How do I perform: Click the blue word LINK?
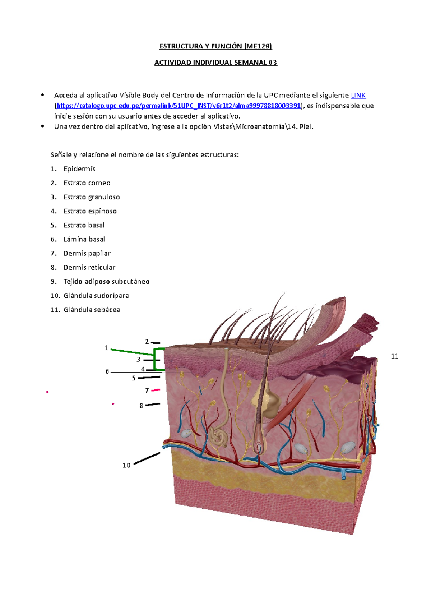pos(358,95)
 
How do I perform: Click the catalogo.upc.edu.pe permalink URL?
pos(179,106)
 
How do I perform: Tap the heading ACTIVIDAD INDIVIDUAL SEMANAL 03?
pos(215,63)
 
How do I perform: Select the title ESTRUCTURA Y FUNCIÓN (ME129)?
pos(215,46)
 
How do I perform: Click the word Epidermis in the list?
pos(79,169)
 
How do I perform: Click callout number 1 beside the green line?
pos(106,348)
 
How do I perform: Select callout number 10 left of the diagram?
pos(126,465)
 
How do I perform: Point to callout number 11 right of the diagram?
pos(394,356)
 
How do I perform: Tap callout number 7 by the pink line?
pos(147,391)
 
